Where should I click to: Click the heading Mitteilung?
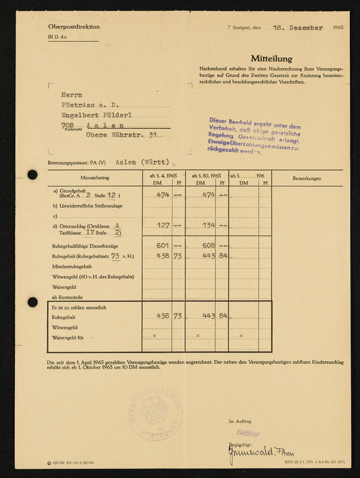271,59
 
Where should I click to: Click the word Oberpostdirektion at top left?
74,27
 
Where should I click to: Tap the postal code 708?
68,124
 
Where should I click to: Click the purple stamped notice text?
255,139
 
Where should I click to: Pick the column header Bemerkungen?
307,179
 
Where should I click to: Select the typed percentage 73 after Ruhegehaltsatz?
115,255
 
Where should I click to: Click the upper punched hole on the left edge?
32,175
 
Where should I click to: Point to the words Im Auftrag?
240,422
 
